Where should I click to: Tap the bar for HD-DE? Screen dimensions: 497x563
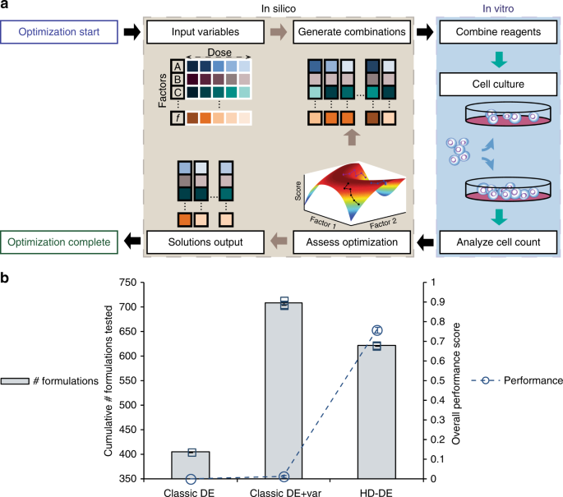(x=376, y=412)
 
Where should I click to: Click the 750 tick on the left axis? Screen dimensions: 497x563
(x=126, y=283)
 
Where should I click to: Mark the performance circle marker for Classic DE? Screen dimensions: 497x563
(x=191, y=478)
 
